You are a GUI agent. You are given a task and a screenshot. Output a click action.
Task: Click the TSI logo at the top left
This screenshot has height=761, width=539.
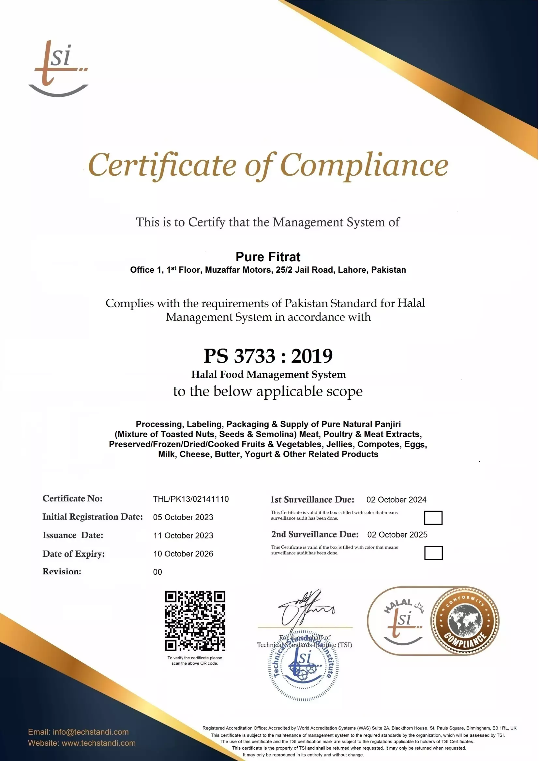coord(58,68)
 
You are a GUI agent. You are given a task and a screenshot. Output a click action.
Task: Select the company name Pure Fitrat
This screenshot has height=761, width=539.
coord(268,257)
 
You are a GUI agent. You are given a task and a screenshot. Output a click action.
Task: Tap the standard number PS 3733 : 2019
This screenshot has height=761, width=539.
coord(268,356)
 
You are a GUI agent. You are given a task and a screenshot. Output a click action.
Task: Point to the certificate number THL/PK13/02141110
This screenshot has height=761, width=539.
coord(190,499)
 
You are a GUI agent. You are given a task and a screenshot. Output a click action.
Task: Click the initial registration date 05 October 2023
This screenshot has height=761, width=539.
coord(183,517)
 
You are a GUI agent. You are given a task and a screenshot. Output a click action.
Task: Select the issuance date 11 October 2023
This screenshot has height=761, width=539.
coord(183,536)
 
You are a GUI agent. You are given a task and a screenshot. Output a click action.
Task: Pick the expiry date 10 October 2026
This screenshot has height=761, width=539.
coord(183,554)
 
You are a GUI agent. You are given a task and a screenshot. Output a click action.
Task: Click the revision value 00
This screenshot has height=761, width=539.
coord(157,572)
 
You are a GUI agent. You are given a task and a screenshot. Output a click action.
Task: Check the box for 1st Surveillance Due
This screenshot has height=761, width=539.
coord(433,518)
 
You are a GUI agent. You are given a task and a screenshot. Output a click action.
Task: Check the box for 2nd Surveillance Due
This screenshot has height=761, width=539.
coord(433,553)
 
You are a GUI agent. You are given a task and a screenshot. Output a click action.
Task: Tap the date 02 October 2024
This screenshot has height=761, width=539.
coord(396,500)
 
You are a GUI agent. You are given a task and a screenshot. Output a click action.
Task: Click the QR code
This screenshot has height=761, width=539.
coord(195,621)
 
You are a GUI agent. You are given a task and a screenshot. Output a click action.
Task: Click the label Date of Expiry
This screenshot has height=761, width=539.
coord(73,554)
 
